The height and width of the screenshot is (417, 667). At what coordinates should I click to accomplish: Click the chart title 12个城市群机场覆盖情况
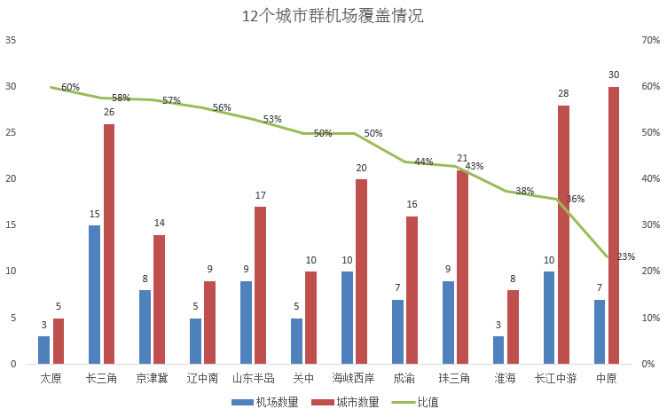click(x=333, y=17)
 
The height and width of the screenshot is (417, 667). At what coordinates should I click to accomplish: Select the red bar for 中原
click(x=614, y=225)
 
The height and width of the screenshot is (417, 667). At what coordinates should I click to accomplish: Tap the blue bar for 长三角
click(x=94, y=295)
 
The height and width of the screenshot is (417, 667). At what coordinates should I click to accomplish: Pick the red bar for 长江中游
click(x=563, y=234)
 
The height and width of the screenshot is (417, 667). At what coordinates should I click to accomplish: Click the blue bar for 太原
click(x=43, y=350)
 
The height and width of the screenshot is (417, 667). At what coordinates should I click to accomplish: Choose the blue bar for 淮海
click(x=498, y=350)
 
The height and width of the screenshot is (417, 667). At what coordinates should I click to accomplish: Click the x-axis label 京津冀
click(x=152, y=378)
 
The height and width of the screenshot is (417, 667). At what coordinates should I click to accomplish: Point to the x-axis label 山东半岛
click(x=253, y=378)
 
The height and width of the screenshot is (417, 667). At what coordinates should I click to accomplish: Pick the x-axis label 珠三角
click(x=455, y=378)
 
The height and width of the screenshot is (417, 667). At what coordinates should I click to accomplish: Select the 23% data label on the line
click(x=625, y=256)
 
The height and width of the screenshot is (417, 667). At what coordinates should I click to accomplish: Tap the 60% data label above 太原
click(x=70, y=87)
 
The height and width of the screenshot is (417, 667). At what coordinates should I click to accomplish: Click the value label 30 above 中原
click(x=614, y=75)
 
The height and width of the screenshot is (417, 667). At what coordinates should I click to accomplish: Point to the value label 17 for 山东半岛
click(x=260, y=195)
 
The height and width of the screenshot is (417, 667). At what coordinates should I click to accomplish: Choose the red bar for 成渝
click(x=412, y=290)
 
